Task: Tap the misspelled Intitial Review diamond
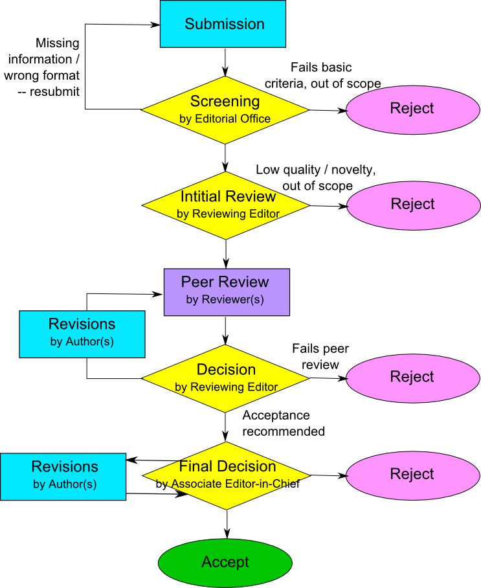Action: [x=225, y=204]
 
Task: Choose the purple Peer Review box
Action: [x=226, y=290]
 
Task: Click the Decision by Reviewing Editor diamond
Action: [x=225, y=377]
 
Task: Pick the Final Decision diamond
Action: [x=227, y=474]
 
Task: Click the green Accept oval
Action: [x=225, y=561]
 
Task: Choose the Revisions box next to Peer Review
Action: [x=82, y=332]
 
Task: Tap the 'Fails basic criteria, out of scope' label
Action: [x=322, y=75]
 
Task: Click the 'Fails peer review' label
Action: [x=316, y=356]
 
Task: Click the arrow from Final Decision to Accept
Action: [x=227, y=522]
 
